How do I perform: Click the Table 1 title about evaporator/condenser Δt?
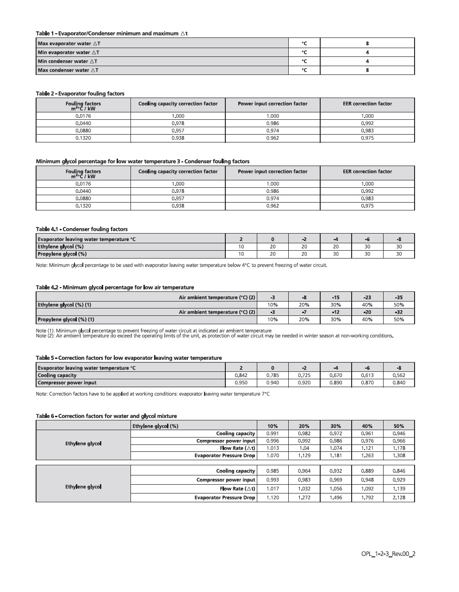112,33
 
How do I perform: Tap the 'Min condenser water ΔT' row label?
68,61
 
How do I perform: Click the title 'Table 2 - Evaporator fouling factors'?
80,93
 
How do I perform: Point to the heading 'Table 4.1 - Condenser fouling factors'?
82,229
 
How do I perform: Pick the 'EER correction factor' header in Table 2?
367,104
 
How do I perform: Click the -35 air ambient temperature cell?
398,297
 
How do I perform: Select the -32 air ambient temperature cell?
398,312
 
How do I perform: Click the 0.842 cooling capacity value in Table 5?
241,376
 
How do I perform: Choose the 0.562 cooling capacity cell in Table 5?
398,376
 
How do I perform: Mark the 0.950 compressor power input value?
241,383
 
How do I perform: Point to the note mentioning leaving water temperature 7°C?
153,394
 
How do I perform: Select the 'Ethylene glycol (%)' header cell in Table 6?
155,426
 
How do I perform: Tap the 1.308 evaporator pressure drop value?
398,456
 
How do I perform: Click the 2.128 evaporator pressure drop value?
398,498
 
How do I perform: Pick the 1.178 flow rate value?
398,448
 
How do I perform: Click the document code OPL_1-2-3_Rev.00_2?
388,554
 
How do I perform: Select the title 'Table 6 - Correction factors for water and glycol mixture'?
106,416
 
